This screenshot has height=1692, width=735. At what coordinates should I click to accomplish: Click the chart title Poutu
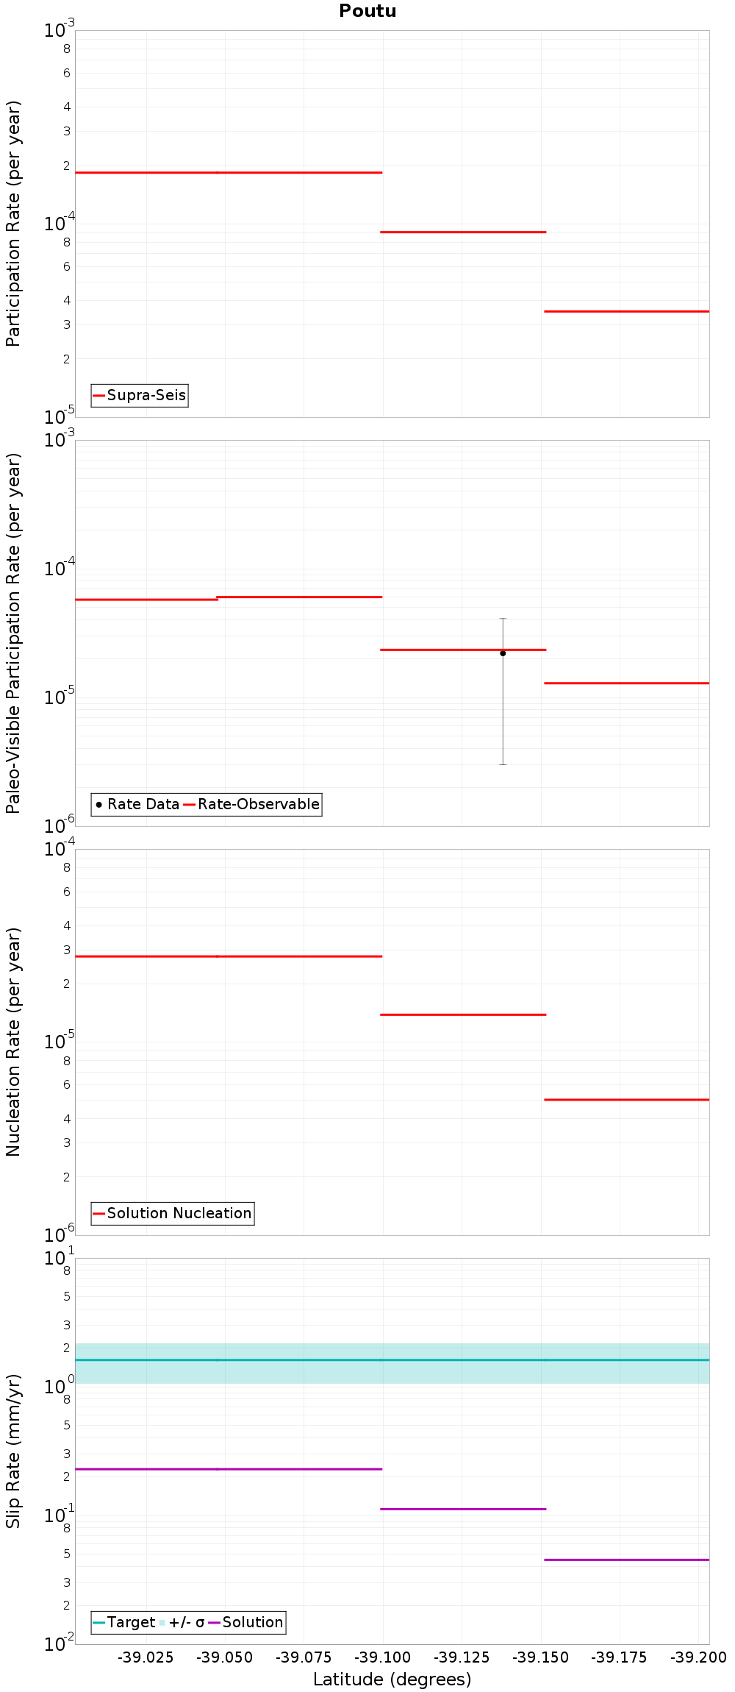[367, 11]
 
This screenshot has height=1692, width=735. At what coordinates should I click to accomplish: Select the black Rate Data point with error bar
[503, 653]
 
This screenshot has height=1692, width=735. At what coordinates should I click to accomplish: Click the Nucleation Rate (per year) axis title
[13, 1042]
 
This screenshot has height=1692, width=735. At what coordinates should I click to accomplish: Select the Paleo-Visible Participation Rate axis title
[13, 633]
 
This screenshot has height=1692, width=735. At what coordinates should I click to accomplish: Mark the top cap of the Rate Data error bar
[503, 619]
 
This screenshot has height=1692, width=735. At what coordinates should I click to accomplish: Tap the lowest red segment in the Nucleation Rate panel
[626, 1100]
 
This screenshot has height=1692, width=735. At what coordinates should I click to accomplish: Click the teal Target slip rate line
[392, 1360]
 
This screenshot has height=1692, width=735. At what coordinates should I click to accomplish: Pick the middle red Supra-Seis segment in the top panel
[463, 232]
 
